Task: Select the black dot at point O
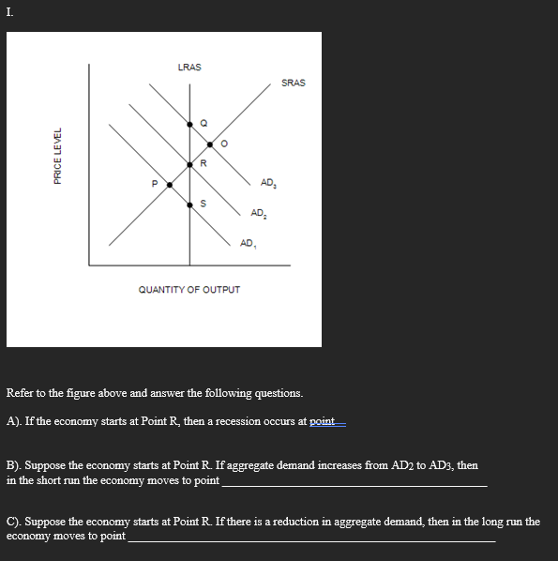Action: pos(210,144)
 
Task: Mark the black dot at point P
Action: pos(169,185)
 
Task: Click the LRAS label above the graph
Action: pos(189,68)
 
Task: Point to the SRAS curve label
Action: pos(293,83)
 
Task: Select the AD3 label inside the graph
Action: pos(268,182)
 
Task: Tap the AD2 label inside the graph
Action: pos(258,213)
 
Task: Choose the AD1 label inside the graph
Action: pos(248,243)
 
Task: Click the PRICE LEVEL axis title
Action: pos(58,156)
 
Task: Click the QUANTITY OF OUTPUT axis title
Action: pos(189,290)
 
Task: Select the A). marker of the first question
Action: pos(15,421)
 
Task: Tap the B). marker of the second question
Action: pos(15,464)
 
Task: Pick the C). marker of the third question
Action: pos(15,521)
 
